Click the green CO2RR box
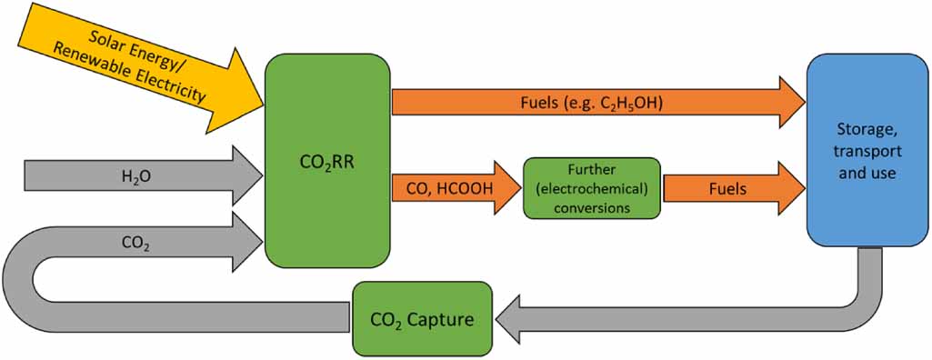tap(327, 161)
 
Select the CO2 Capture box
tap(422, 318)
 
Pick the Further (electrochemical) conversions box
tap(591, 188)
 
